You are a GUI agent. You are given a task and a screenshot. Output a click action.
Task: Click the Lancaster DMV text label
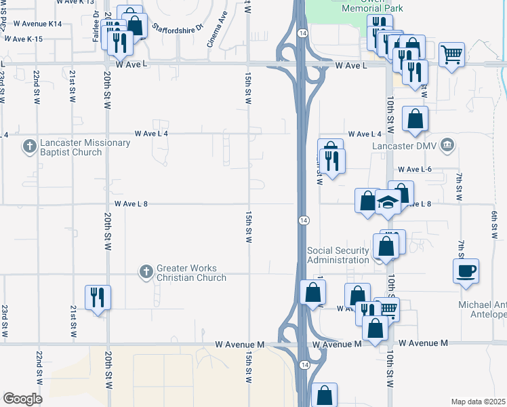click(x=405, y=144)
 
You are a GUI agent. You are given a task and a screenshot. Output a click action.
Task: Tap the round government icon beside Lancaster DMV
click(x=447, y=144)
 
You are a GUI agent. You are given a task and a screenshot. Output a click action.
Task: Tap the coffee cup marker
click(x=466, y=271)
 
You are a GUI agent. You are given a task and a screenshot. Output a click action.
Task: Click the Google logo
click(x=22, y=399)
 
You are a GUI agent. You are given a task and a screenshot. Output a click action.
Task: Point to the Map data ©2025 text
click(x=479, y=402)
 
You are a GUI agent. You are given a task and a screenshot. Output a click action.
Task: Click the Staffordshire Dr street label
click(x=178, y=28)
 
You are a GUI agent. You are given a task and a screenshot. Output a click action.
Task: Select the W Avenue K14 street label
click(x=37, y=24)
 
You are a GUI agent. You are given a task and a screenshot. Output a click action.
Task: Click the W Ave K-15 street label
click(x=23, y=39)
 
